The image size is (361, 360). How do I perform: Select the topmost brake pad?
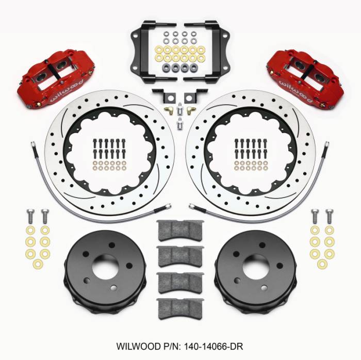tap(180, 230)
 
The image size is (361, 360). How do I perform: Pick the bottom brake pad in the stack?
tap(180, 308)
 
